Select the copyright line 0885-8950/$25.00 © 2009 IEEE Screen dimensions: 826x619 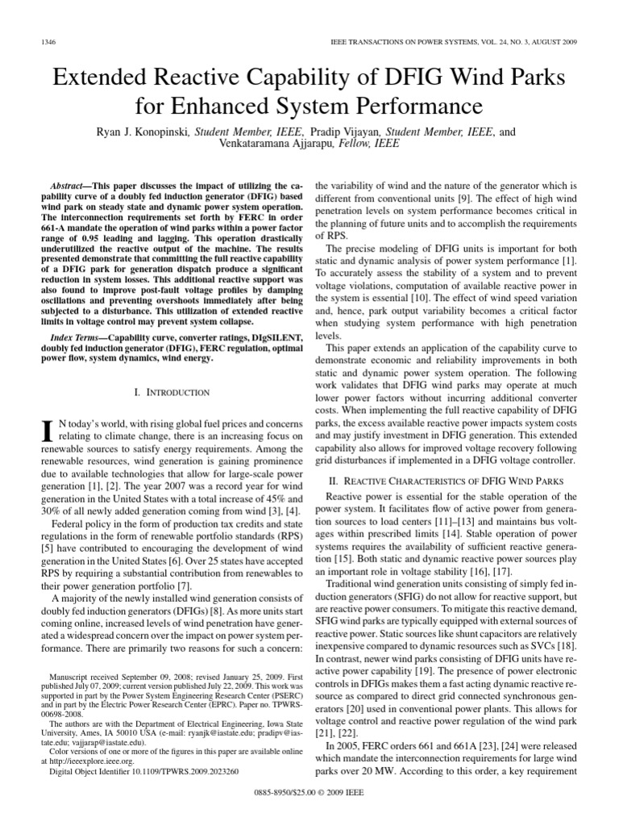click(309, 813)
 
